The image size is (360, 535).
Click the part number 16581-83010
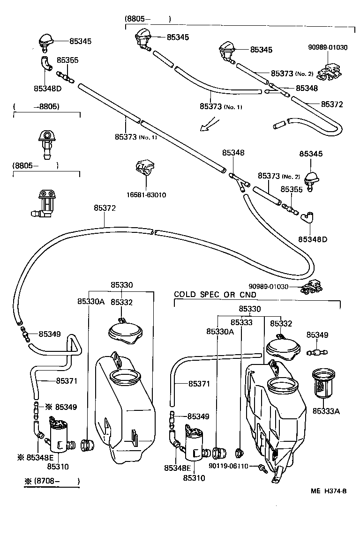pos(146,195)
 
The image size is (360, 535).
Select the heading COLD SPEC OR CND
pos(215,295)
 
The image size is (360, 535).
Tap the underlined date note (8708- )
pos(52,481)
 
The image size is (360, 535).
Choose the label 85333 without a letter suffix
pos(241,323)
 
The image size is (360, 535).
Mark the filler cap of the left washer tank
pos(124,332)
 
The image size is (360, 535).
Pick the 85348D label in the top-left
pos(47,88)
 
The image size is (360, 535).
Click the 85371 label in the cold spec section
pos(199,384)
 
